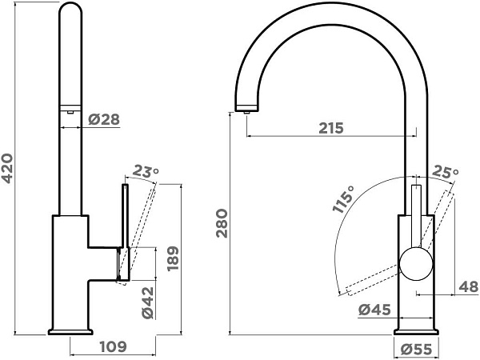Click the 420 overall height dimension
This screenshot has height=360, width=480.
tap(8, 169)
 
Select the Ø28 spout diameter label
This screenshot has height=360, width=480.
tap(104, 119)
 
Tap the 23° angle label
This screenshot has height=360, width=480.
tap(146, 172)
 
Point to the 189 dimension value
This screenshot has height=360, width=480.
tap(173, 258)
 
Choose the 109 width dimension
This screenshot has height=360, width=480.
tap(114, 347)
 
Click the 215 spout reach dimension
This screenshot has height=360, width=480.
tap(331, 128)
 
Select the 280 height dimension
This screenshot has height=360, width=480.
tap(222, 223)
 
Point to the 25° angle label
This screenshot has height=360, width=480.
tap(446, 173)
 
